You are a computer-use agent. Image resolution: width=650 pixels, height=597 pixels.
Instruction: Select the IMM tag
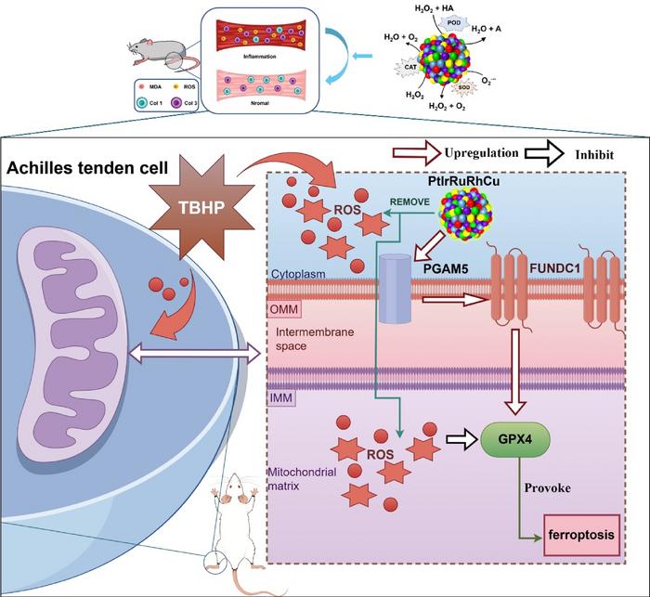tap(281, 397)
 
